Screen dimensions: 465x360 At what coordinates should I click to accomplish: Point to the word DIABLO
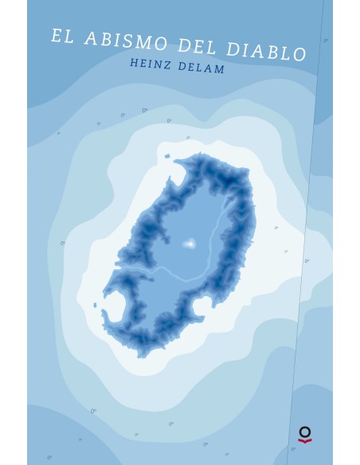coord(268,52)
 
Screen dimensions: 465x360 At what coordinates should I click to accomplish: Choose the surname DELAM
coord(205,69)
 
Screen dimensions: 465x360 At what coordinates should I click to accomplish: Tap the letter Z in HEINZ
coord(170,68)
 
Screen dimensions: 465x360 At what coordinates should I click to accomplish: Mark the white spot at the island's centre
coord(190,244)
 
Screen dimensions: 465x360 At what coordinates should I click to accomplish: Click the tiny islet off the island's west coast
coord(95,304)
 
